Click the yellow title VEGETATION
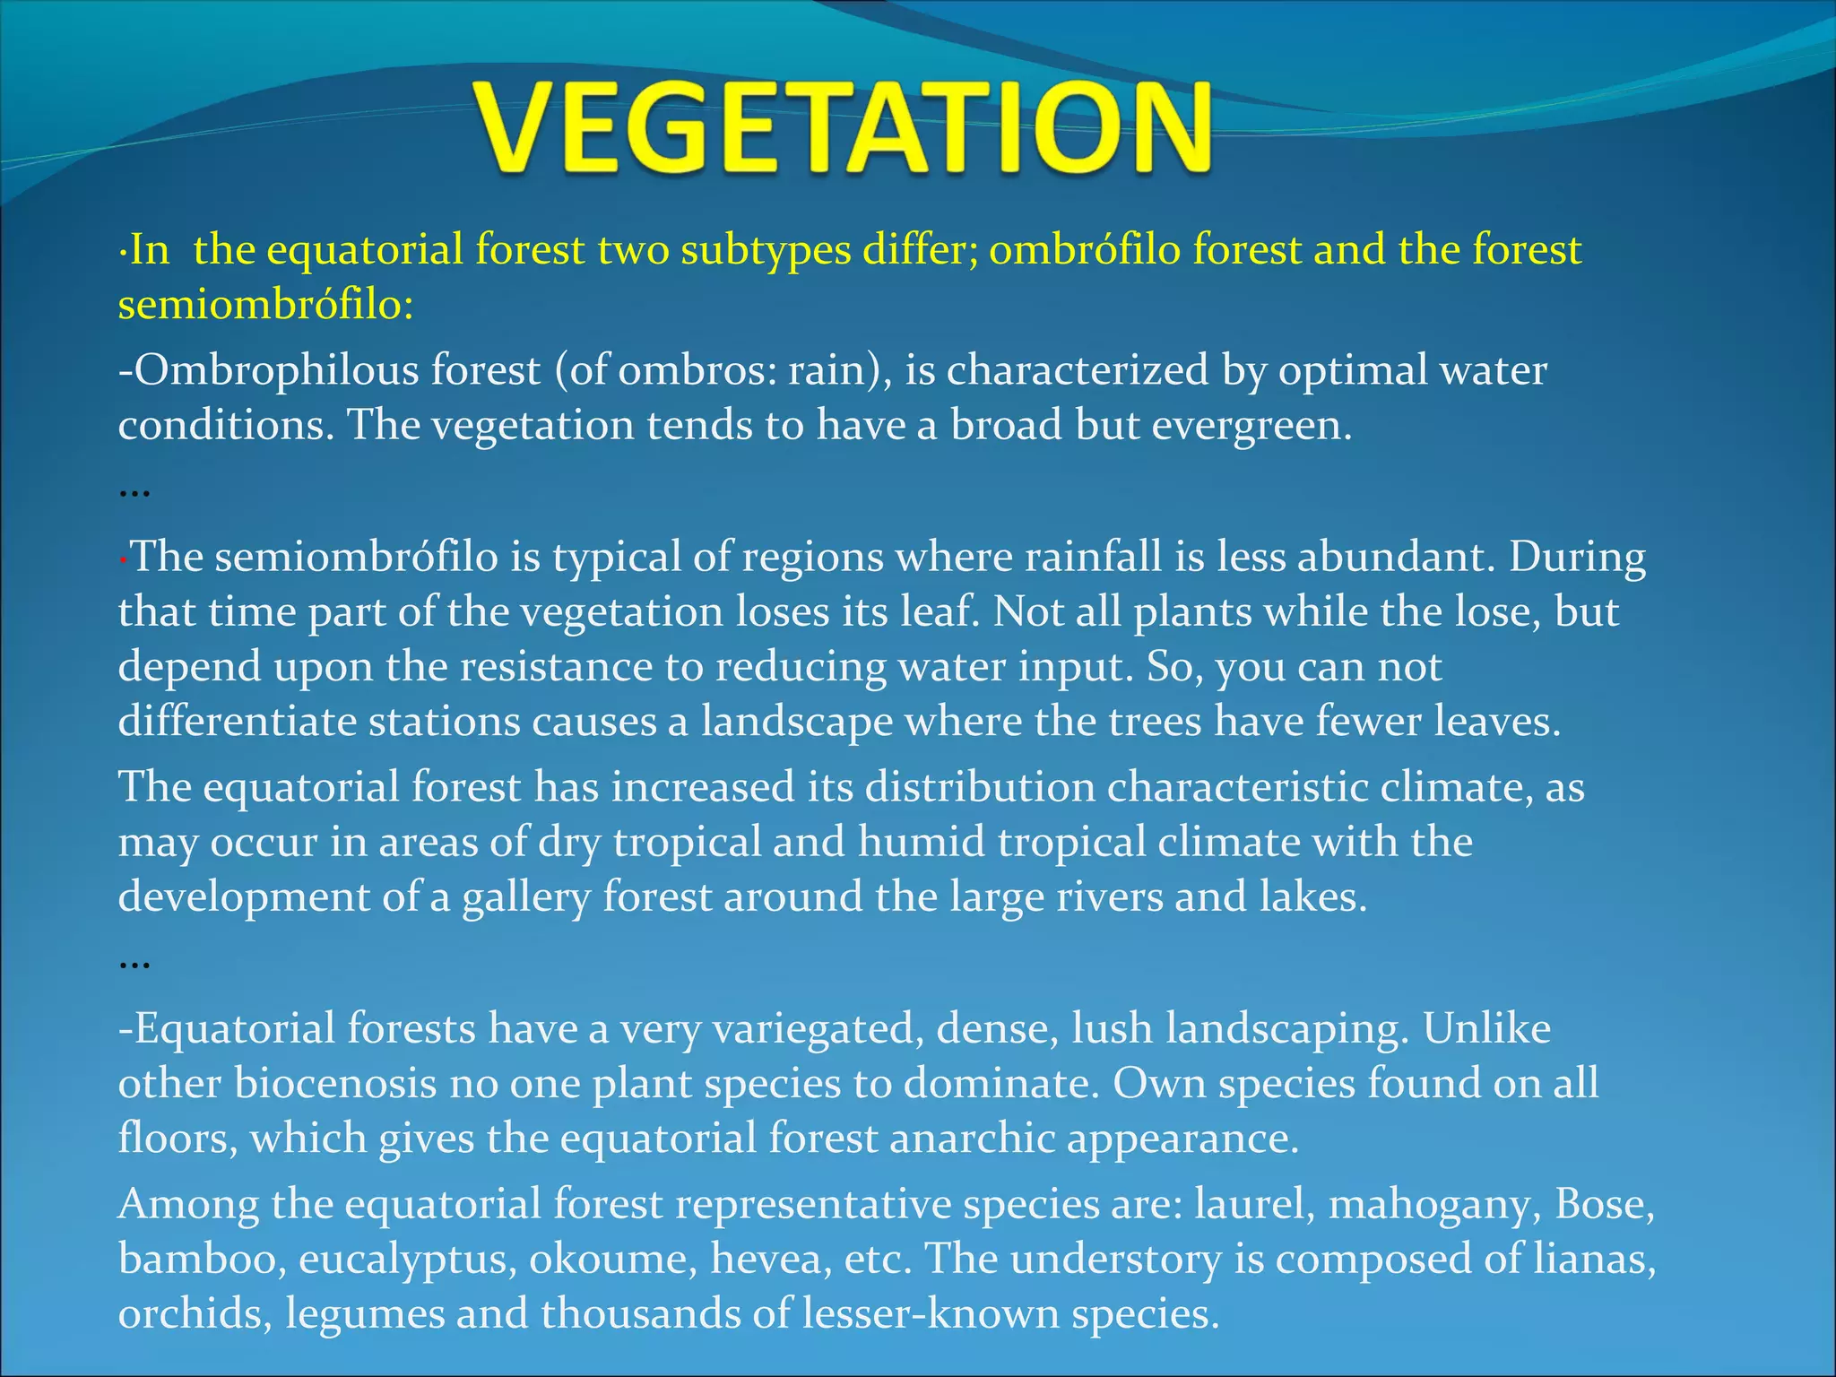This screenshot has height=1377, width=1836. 843,127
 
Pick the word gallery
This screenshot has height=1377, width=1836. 525,897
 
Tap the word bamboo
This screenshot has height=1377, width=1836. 202,1259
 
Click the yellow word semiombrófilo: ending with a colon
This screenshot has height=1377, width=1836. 265,305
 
